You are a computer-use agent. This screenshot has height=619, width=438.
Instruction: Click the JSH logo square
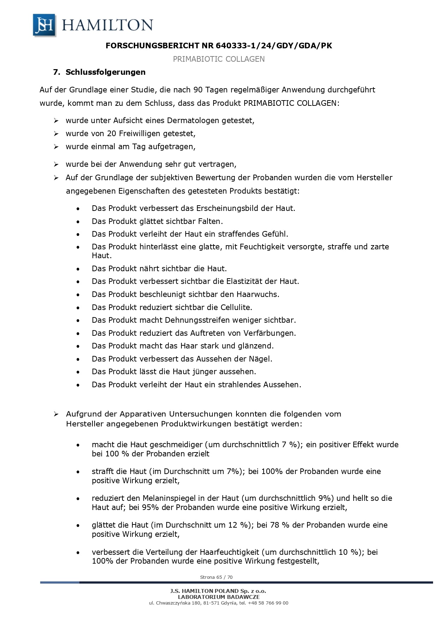pyautogui.click(x=44, y=25)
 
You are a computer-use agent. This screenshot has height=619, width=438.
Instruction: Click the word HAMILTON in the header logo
pyautogui.click(x=107, y=25)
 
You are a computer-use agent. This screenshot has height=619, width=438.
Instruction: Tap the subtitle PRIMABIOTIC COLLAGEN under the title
pyautogui.click(x=218, y=59)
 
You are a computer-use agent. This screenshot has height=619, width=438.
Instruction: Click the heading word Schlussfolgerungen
pyautogui.click(x=106, y=72)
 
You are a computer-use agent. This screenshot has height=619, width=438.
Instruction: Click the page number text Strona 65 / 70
pyautogui.click(x=216, y=577)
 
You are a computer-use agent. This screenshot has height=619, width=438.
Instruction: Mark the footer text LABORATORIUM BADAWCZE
pyautogui.click(x=218, y=597)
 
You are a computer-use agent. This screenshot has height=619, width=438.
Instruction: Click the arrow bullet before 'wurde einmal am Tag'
pyautogui.click(x=56, y=147)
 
